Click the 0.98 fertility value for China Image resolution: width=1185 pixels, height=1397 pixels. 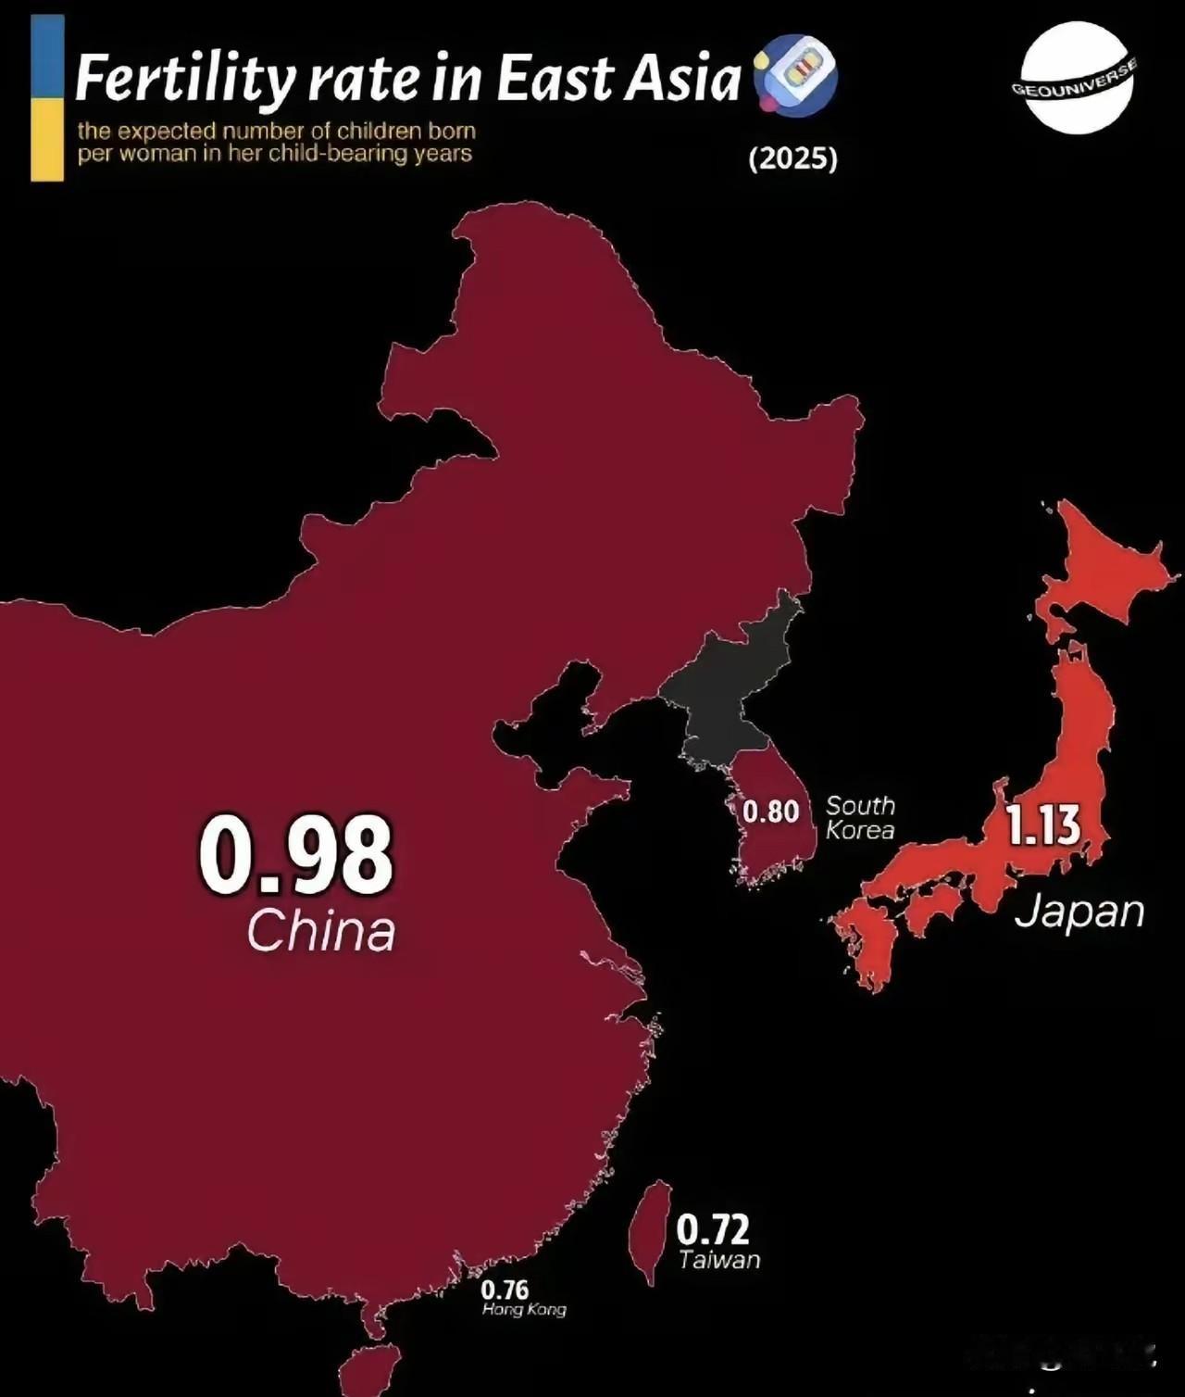(x=296, y=855)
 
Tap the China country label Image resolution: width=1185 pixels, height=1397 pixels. (x=320, y=931)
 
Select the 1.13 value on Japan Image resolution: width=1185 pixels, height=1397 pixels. (x=1043, y=825)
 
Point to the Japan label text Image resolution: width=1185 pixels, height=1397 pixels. (x=1079, y=912)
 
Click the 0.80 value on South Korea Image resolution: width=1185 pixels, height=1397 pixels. (x=770, y=812)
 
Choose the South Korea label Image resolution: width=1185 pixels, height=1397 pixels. (x=860, y=818)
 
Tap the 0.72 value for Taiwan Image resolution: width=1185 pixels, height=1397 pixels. (x=712, y=1229)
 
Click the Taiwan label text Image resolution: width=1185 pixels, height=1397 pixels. (x=718, y=1260)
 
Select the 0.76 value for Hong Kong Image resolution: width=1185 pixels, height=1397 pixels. (x=505, y=1290)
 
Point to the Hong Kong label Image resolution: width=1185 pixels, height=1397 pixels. (x=524, y=1310)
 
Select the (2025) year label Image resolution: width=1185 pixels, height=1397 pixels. (x=792, y=159)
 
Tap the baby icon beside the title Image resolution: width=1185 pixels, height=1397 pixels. (x=795, y=74)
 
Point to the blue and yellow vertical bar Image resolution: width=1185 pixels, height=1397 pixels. (x=47, y=97)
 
